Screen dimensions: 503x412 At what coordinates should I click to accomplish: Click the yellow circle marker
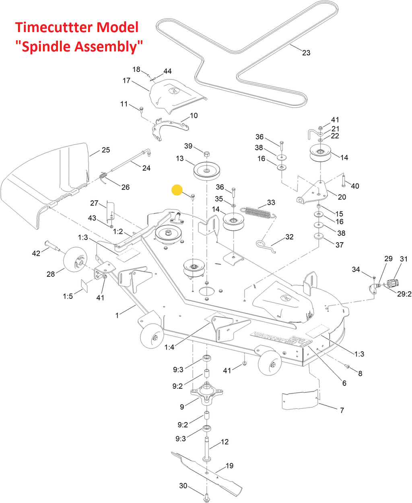[x=177, y=190]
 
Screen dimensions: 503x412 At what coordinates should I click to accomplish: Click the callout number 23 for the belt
[x=306, y=53]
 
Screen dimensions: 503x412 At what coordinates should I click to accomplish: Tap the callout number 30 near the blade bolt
[x=183, y=486]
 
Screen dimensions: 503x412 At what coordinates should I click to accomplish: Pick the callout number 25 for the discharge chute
[x=106, y=150]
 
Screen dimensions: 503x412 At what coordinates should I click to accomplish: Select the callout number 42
[x=36, y=253]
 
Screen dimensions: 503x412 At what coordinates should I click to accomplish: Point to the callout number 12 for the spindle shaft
[x=225, y=442]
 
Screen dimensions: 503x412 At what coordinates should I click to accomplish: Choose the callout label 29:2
[x=404, y=294]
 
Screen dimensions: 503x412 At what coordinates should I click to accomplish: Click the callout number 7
[x=342, y=410]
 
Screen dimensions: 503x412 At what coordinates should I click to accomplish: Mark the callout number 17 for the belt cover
[x=126, y=80]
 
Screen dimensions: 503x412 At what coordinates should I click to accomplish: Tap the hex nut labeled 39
[x=206, y=155]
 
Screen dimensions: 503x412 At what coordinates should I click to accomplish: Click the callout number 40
[x=355, y=186]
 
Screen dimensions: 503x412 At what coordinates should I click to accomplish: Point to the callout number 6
[x=344, y=383]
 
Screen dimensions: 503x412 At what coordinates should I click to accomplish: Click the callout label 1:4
[x=169, y=347]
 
